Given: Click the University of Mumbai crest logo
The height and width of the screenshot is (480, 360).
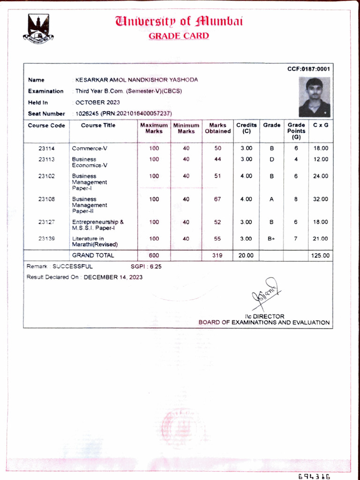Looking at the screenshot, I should pos(38,29).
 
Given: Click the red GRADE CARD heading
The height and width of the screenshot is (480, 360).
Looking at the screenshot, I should pos(179,36).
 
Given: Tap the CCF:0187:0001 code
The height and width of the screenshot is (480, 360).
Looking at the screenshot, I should pos(308,69).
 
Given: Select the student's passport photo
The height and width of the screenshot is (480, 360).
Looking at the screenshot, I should pos(315,97).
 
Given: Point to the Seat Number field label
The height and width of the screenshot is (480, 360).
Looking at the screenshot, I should pos(46,114).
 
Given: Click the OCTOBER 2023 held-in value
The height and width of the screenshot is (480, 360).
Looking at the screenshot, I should pos(97,102).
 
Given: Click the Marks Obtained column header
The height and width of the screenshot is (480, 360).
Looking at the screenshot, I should pos(217,128).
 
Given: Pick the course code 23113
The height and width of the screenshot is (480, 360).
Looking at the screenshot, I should pos(46,159).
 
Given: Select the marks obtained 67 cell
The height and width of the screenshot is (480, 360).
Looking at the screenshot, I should pos(217,199).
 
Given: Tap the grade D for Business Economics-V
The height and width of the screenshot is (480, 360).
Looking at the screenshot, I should pos(272,159).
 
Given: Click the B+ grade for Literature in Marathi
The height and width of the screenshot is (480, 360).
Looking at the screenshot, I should pos(272,239).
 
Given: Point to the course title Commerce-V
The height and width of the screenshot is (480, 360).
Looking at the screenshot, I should pos(90,149).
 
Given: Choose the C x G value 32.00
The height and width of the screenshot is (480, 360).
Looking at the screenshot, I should pos(321,199).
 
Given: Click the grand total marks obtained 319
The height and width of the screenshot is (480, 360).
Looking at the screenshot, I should pos(217,256).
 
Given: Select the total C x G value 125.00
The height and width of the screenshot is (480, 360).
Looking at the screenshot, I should pos(320,256).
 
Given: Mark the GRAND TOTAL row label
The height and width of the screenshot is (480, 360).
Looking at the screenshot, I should pos(93,256).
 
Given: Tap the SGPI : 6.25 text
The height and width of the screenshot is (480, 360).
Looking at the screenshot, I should pos(146,267).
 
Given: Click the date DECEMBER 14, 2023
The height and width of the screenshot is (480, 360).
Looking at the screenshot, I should pos(113,277).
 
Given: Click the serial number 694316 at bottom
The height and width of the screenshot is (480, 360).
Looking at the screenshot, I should pos(314,476).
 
